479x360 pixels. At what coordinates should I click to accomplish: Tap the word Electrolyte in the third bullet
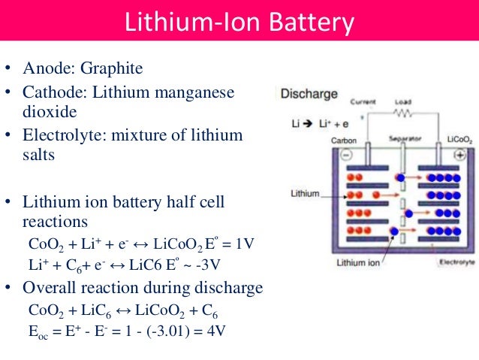(63, 135)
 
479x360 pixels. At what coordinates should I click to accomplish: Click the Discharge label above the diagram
(309, 95)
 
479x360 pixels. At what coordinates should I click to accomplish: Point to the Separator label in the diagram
(403, 139)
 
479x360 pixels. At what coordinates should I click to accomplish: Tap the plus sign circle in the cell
(459, 154)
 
